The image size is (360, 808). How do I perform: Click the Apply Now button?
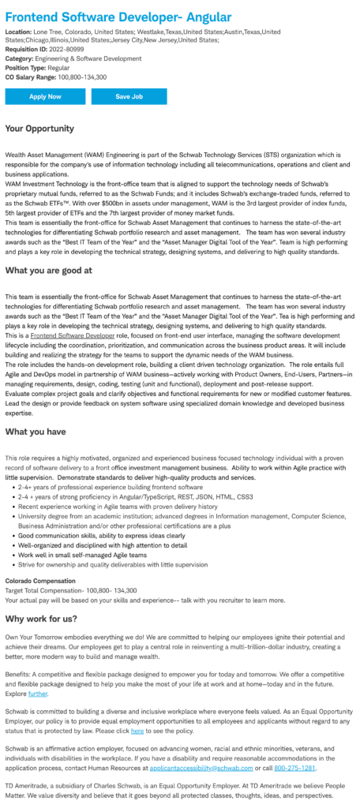[45, 96]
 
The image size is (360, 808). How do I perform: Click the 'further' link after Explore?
[39, 694]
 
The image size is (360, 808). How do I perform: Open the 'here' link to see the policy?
[137, 731]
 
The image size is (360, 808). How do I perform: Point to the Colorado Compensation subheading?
[40, 580]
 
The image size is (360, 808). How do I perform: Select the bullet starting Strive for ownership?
[102, 564]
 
